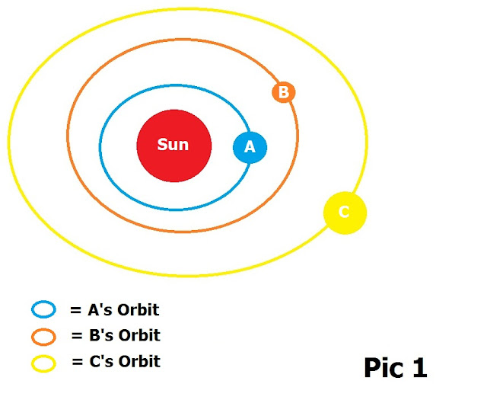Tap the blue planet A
click(250, 147)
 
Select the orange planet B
click(283, 93)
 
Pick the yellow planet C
click(345, 213)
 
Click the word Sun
click(173, 145)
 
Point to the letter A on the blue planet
click(250, 148)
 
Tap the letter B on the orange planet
click(283, 93)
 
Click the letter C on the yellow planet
click(344, 213)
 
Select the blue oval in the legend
click(43, 309)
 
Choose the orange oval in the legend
click(43, 336)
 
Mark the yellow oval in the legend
click(43, 363)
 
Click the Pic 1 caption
click(395, 368)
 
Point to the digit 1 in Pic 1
click(419, 368)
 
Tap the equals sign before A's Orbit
click(75, 311)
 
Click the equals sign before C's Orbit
click(77, 362)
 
